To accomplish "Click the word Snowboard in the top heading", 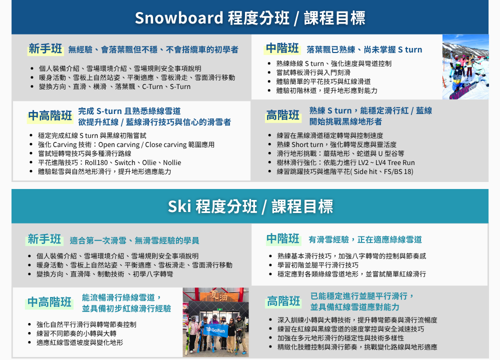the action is pos(179,18).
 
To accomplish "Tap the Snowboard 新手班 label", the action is pos(45,49).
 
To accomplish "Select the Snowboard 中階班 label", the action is pos(282,48).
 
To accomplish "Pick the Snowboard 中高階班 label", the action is pos(50,115).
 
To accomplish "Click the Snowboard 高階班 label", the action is pos(282,115).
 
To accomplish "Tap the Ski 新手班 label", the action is pos(44,239).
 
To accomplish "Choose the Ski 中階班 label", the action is pos(283,238).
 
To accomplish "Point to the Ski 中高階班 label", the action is pos(49,302).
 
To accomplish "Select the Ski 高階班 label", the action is pos(283,301).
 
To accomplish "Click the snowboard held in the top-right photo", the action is pos(464,90).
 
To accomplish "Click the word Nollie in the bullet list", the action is pos(172,162).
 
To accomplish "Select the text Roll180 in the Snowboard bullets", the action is pos(96,162).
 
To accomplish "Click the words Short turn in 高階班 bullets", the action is pos(307,144).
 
